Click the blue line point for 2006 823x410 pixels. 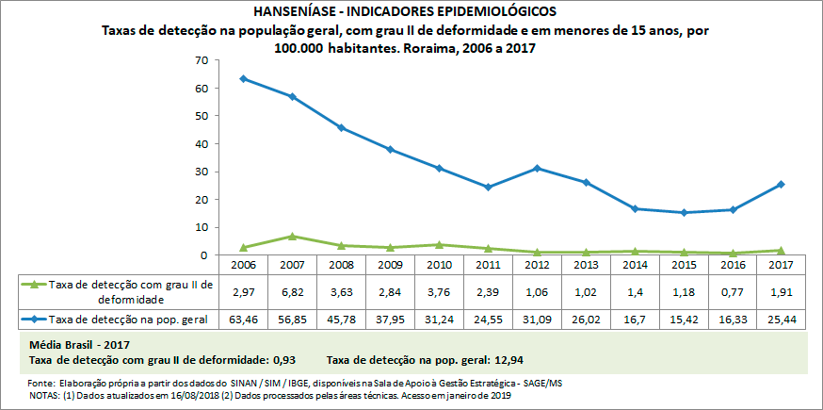coord(243,78)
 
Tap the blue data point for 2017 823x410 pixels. coord(781,184)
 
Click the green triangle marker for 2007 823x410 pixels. coord(292,236)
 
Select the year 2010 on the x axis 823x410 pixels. coord(439,265)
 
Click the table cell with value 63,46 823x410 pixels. coord(243,320)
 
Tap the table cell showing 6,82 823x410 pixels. coord(292,291)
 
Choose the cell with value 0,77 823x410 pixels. coord(732,291)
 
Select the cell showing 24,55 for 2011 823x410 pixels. coord(488,320)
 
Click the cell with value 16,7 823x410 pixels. coord(634,320)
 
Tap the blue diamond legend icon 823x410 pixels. coord(35,320)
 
